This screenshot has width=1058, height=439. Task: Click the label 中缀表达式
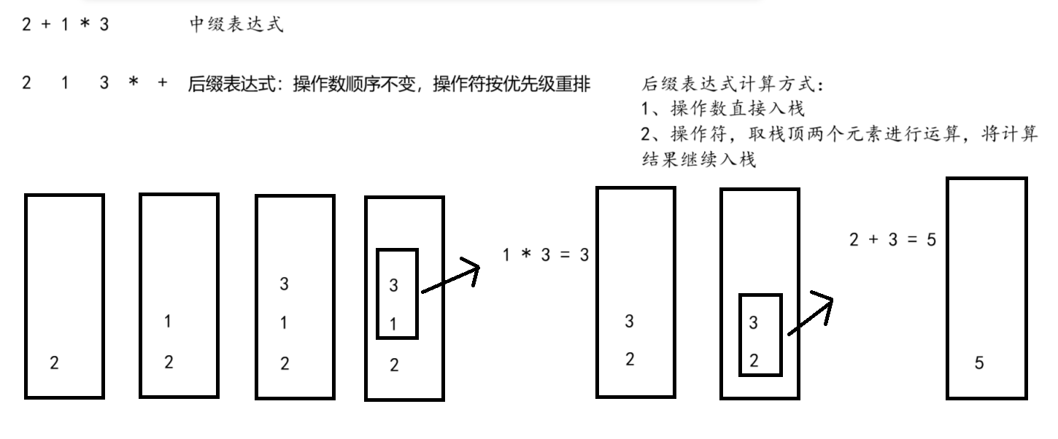pos(236,26)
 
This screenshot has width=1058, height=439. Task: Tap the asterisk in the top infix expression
pos(85,26)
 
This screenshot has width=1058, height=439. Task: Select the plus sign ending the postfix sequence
pos(163,83)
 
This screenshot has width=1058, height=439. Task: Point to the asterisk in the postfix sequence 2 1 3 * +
pos(133,83)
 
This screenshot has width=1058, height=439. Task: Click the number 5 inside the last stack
pos(979,363)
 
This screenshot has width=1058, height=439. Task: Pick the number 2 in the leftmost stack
pos(54,362)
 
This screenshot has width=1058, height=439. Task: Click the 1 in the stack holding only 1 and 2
pos(169,321)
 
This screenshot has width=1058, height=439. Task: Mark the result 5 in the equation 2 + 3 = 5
pos(931,239)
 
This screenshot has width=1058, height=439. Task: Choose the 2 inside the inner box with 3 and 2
pos(754,360)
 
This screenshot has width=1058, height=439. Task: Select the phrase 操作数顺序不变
pos(352,84)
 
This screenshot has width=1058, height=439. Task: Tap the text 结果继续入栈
pos(698,160)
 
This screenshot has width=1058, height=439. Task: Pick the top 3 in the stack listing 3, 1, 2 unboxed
pos(285,284)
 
